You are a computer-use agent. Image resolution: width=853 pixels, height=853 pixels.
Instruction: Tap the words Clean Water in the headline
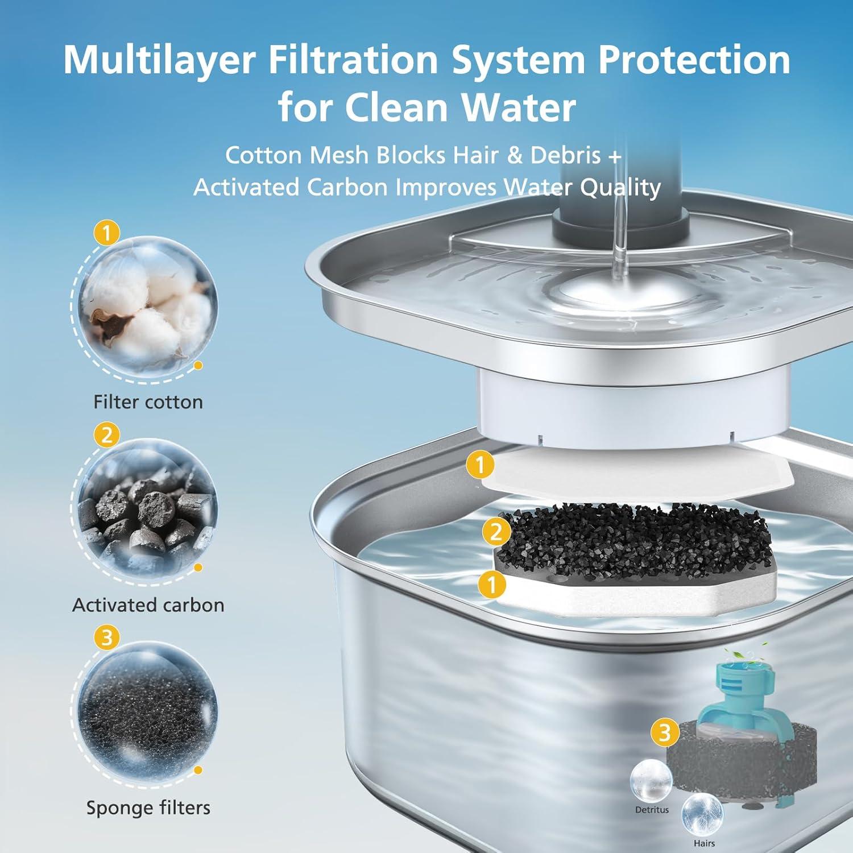[x=461, y=107]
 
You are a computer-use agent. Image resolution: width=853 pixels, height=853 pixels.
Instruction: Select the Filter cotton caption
[x=148, y=402]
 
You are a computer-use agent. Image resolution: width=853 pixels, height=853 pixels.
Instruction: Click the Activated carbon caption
[x=148, y=604]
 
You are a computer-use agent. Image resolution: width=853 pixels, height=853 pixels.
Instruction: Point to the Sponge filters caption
[x=148, y=808]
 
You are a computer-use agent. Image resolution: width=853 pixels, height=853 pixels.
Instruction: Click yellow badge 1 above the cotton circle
[x=107, y=233]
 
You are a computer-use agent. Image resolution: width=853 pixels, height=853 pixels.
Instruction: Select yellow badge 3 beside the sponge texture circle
[x=107, y=637]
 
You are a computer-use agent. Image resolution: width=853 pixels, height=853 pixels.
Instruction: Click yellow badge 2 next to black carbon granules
[x=496, y=532]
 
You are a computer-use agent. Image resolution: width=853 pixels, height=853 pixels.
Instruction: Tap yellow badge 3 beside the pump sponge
[x=665, y=732]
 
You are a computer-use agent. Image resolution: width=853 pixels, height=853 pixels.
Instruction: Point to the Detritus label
[x=652, y=810]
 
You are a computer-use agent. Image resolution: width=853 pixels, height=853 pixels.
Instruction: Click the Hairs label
[x=704, y=843]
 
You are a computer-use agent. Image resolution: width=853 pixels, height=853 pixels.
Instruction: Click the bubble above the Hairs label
[x=702, y=814]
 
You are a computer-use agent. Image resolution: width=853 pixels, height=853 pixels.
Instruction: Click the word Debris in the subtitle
[x=565, y=155]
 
